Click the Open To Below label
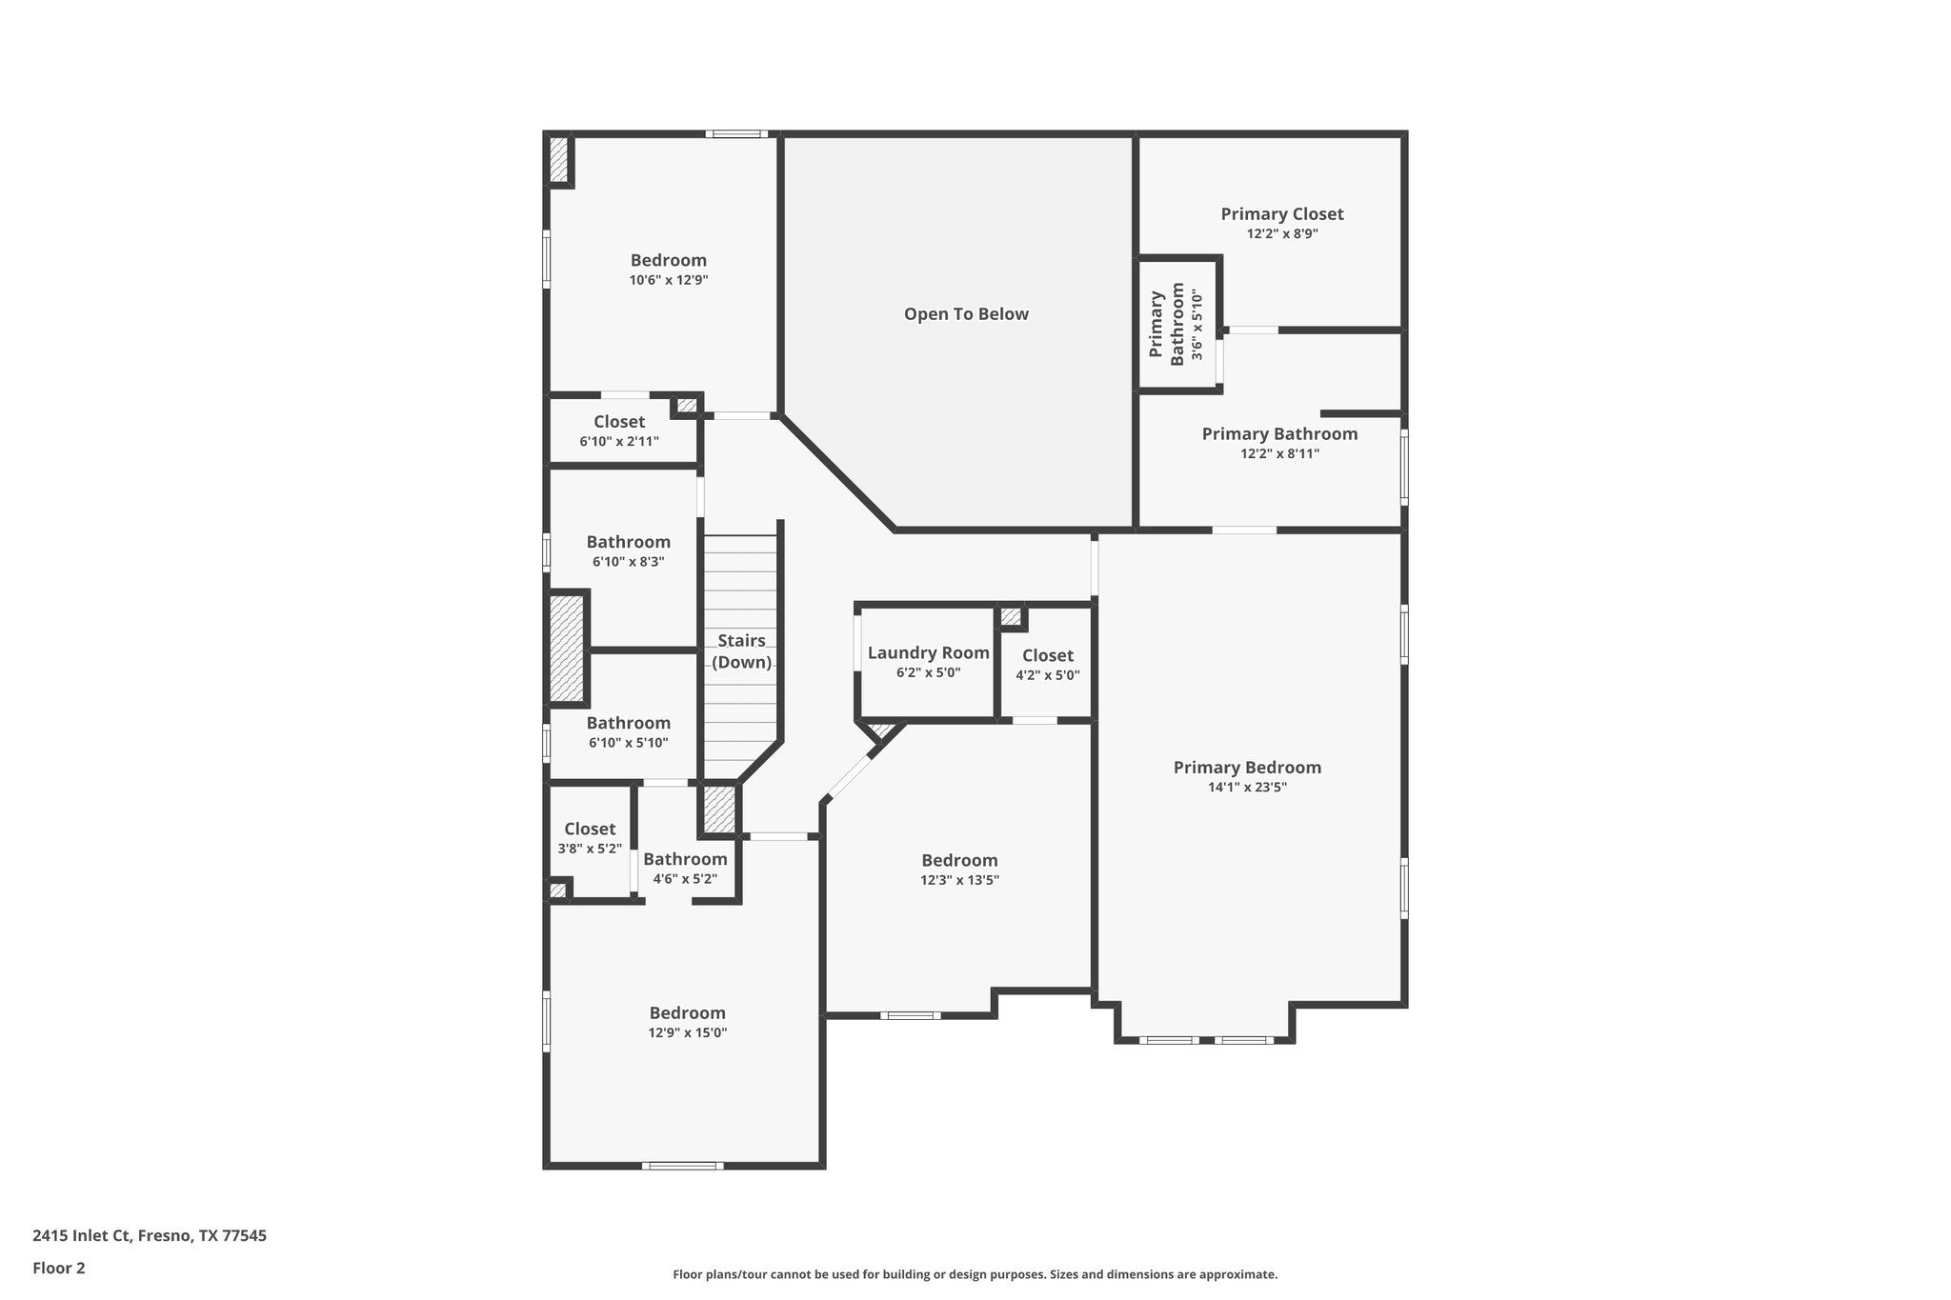pos(966,314)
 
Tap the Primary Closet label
pos(1281,214)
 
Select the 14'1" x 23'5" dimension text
pos(1246,788)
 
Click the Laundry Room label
pos(928,653)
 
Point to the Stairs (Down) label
pos(741,651)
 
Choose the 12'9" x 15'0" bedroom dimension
pos(687,1033)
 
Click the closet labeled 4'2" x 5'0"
pos(1047,665)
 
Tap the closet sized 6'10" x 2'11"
pos(618,431)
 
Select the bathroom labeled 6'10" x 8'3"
pos(628,551)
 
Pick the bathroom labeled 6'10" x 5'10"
pos(628,732)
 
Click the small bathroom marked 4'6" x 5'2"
pos(685,869)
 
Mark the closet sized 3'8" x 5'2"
pos(590,838)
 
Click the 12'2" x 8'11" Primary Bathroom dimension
pos(1279,454)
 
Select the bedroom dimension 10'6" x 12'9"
pos(668,281)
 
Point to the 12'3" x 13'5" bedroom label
pos(959,870)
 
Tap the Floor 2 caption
pos(59,1269)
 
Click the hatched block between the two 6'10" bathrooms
pos(566,649)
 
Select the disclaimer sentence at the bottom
pos(975,1274)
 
